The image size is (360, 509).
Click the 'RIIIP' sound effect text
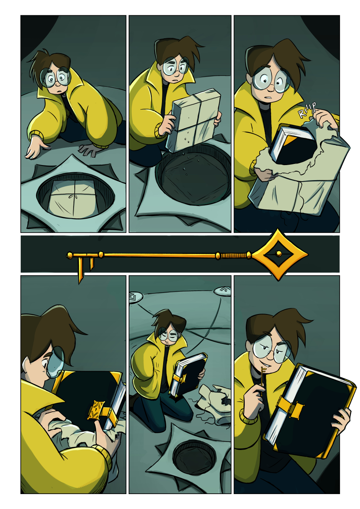click(307, 110)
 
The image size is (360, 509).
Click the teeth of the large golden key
click(85, 268)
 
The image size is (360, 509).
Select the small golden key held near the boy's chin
click(263, 376)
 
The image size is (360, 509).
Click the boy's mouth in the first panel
click(59, 90)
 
